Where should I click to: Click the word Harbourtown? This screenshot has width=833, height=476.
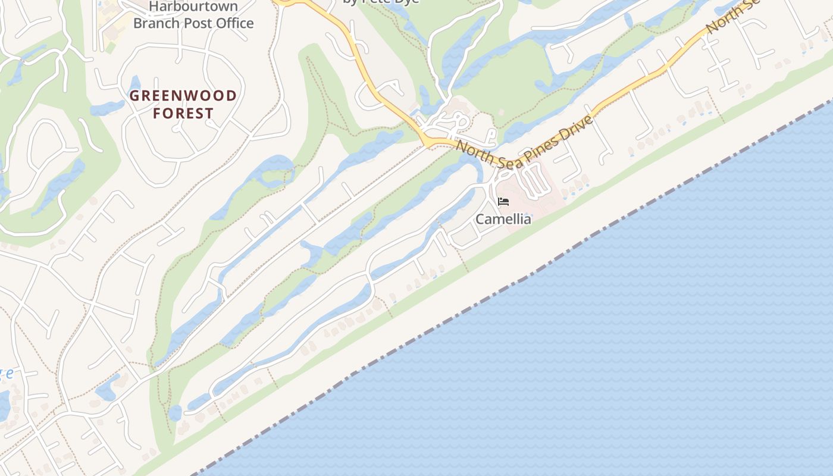coord(193,7)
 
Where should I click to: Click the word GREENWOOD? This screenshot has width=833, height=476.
coord(183,96)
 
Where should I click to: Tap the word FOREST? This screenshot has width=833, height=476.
coord(183,113)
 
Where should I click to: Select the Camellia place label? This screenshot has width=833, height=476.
coord(503,219)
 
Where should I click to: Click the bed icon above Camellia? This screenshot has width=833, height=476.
coord(503,202)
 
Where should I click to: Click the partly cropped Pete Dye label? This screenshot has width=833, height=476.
coord(381,2)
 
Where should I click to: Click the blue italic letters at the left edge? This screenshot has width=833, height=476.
coord(6,374)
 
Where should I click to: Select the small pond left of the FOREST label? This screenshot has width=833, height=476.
coord(107,108)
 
